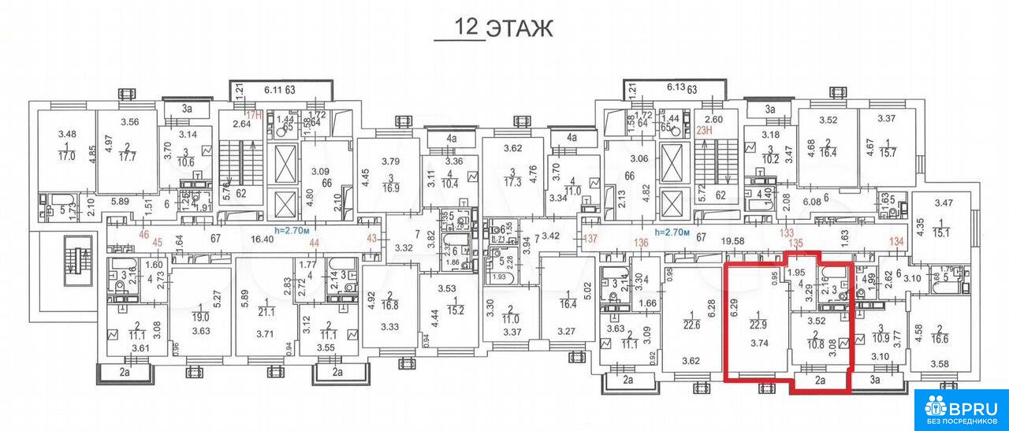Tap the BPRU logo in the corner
point(961,410)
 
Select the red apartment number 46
point(122,235)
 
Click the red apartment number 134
point(895,241)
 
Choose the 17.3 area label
point(513,181)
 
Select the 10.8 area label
point(817,345)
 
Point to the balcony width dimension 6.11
point(272,90)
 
